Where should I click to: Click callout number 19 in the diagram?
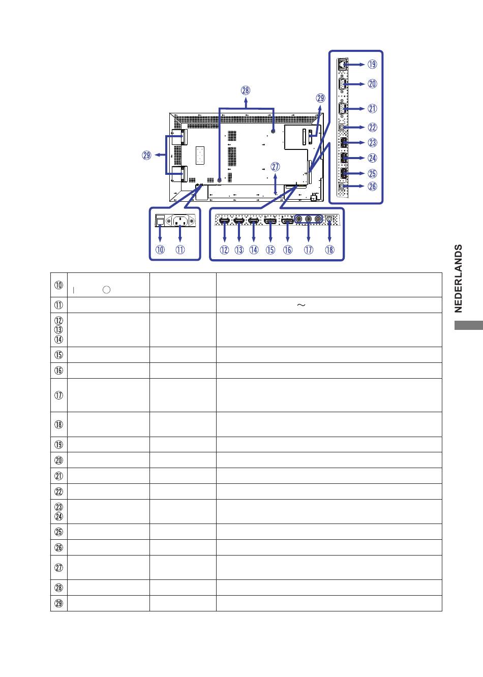point(372,64)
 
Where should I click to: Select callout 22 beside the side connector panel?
point(372,127)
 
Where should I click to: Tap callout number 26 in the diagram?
point(372,186)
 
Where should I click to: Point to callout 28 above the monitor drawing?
point(246,90)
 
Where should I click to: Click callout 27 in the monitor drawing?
point(275,167)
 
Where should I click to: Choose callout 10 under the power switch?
point(160,250)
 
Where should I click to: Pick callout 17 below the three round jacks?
point(308,250)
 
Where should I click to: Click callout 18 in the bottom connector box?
point(329,250)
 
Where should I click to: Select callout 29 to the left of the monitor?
point(146,156)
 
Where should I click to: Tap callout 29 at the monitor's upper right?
point(320,98)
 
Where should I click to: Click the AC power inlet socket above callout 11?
point(180,221)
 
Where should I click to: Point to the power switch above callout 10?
point(160,220)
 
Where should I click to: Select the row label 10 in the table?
point(58,285)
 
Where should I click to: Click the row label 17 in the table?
point(58,395)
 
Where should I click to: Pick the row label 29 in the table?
point(58,603)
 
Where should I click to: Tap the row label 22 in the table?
point(58,491)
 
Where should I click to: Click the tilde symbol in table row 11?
point(301,305)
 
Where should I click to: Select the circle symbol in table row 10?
point(106,290)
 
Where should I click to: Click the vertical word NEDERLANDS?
point(459,279)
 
